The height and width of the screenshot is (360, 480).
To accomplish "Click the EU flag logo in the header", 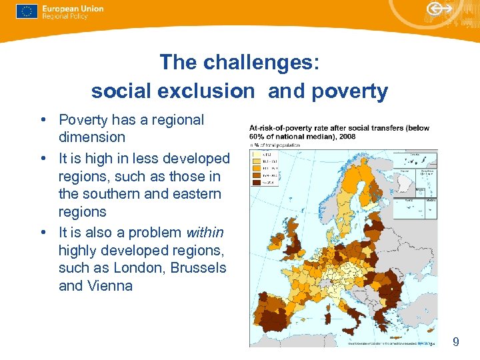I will (x=27, y=11).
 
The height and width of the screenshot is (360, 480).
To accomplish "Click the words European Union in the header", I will (x=73, y=8).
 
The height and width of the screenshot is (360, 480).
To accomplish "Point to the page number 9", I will (x=455, y=342).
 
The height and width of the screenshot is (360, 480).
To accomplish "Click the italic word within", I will (x=205, y=233).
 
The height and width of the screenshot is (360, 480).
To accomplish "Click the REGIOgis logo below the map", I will (x=425, y=343).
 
